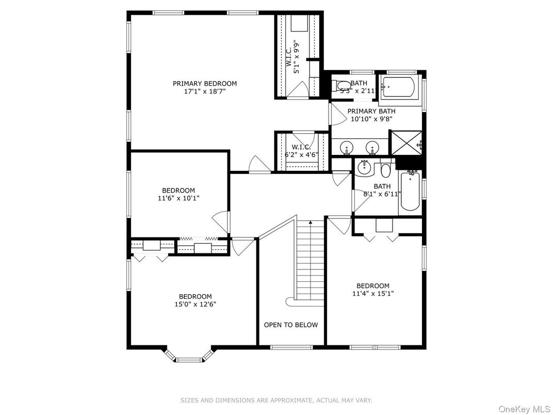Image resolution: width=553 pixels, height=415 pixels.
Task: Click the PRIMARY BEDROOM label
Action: pyautogui.click(x=205, y=84)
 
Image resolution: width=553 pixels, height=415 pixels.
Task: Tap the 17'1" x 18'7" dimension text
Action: pyautogui.click(x=205, y=91)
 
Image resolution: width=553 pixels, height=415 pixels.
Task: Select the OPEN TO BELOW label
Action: pyautogui.click(x=291, y=325)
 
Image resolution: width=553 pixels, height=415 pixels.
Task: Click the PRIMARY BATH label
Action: pyautogui.click(x=371, y=111)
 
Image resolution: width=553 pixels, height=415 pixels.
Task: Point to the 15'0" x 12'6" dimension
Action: pyautogui.click(x=196, y=304)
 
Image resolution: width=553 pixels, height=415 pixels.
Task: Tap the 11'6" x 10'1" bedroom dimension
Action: pyautogui.click(x=178, y=198)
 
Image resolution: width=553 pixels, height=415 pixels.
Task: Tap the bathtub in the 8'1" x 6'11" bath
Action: pyautogui.click(x=411, y=194)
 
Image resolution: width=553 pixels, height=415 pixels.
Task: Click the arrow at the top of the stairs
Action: pyautogui.click(x=311, y=222)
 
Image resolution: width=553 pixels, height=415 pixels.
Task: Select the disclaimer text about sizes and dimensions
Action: pyautogui.click(x=276, y=400)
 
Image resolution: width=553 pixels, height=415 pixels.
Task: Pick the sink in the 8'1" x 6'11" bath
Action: pyautogui.click(x=365, y=167)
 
